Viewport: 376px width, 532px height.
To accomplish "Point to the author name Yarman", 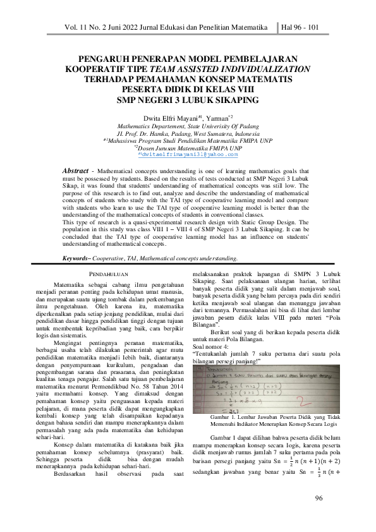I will [x=216, y=117].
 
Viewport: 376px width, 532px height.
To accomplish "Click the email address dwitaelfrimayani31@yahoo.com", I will [x=189, y=154].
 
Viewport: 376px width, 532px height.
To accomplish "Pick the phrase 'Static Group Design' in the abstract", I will [x=264, y=224].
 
